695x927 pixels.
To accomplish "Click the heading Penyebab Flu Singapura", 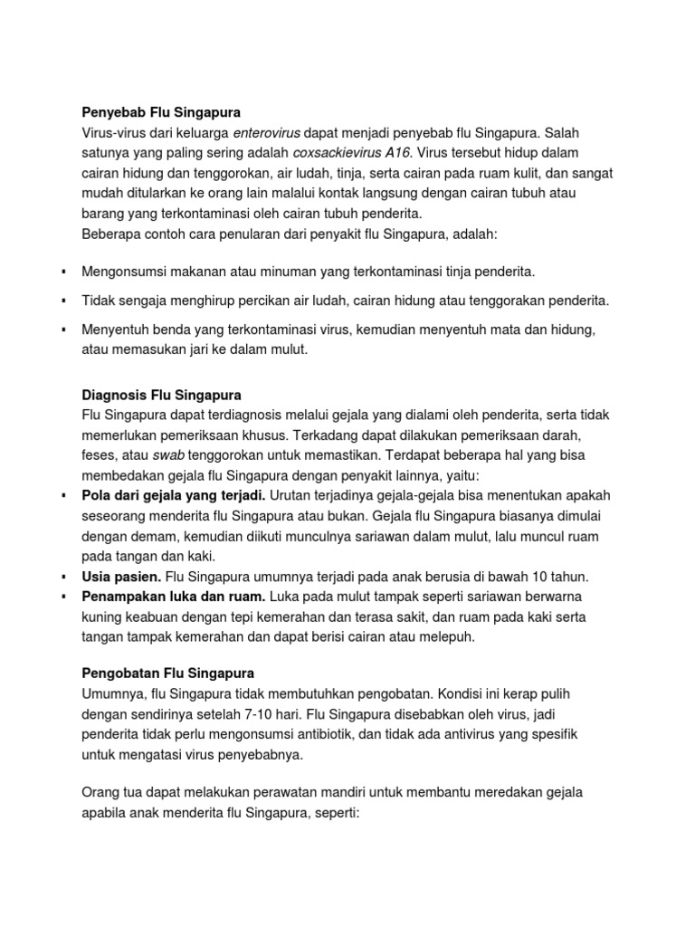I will (x=161, y=113).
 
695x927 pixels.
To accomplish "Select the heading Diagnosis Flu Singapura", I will (x=161, y=396).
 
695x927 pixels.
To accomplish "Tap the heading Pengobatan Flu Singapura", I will (x=167, y=674).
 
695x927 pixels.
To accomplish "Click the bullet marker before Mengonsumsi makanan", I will (x=64, y=272).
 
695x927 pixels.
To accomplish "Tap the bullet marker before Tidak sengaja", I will (x=64, y=301).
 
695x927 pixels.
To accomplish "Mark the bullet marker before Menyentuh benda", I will (x=64, y=330).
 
